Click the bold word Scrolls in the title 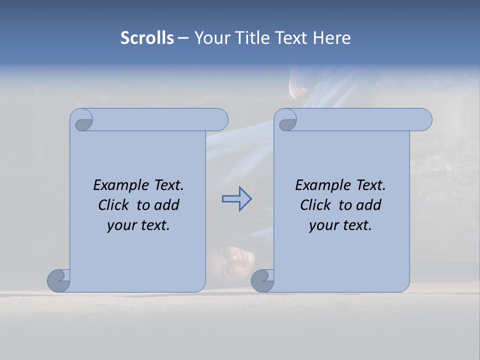pos(147,38)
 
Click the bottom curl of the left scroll pos(58,280)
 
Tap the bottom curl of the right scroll pos(262,280)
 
